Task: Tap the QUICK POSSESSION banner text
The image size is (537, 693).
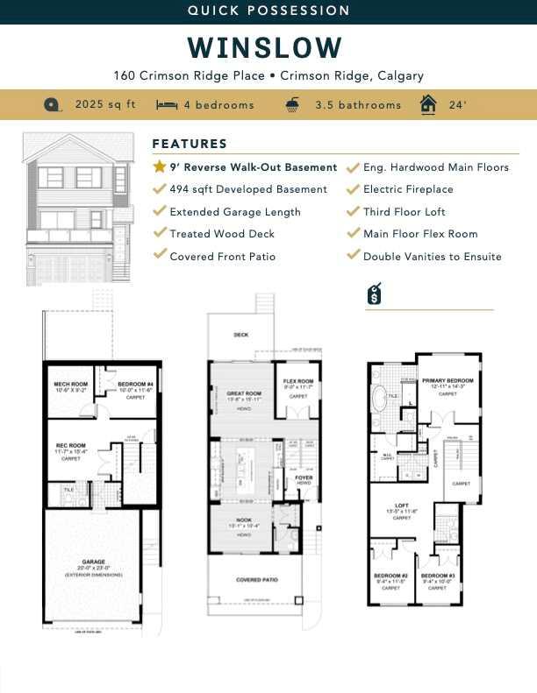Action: [268, 11]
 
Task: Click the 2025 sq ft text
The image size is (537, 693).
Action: [105, 104]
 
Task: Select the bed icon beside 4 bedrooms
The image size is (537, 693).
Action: [166, 105]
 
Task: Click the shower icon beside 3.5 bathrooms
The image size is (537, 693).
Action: [292, 104]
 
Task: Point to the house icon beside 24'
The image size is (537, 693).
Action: [428, 104]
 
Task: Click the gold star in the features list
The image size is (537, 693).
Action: [159, 166]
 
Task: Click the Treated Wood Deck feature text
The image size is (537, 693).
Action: [222, 233]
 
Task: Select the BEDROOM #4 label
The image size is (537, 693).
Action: [136, 385]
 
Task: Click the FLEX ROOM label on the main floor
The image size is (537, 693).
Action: [298, 381]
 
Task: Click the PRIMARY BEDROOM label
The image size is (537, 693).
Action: [447, 381]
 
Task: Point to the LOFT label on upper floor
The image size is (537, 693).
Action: [402, 506]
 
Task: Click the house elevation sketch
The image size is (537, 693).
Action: [78, 209]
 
